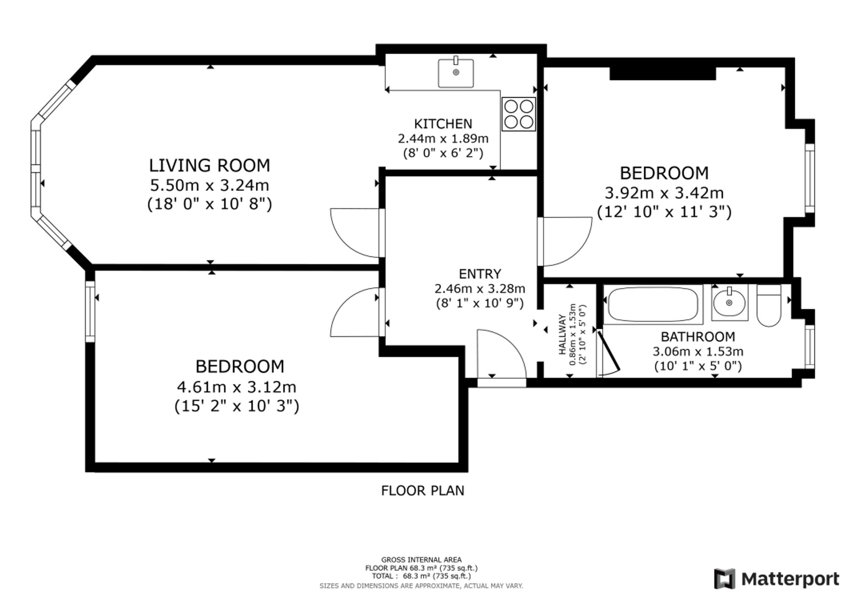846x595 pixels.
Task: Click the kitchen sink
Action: click(x=456, y=73)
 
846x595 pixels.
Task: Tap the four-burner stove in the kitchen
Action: click(x=519, y=114)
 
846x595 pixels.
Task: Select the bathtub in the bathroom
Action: click(x=653, y=304)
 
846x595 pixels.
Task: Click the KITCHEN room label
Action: click(x=443, y=124)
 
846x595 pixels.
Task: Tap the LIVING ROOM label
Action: click(x=209, y=165)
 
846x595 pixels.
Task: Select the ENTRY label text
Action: click(x=480, y=274)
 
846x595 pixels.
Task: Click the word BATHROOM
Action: click(x=698, y=337)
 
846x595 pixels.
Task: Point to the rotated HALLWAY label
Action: click(x=562, y=334)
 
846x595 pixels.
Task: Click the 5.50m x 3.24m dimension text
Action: click(x=209, y=185)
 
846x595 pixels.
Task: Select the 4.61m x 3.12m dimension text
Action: click(x=236, y=387)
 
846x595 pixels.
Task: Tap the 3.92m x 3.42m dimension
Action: click(x=664, y=193)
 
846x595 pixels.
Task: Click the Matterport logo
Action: click(x=777, y=579)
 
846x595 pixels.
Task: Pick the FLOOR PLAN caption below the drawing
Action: click(x=423, y=490)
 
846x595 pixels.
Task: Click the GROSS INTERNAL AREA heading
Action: click(x=421, y=560)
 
